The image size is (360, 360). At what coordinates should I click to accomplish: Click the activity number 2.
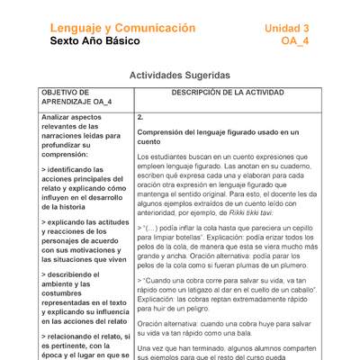[140, 117]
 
